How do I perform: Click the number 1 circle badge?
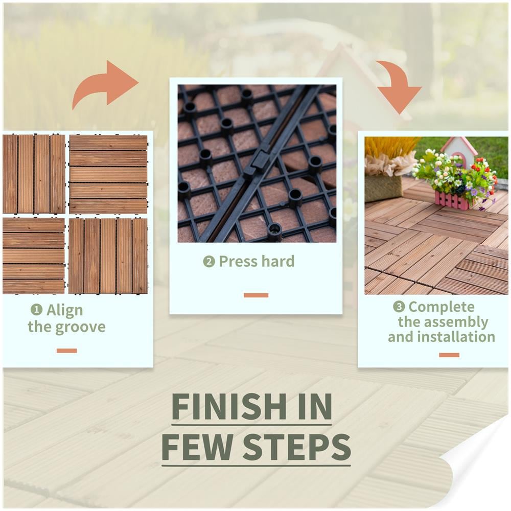tap(36, 309)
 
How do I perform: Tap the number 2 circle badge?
tap(209, 261)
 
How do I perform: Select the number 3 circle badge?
tap(399, 306)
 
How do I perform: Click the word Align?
tap(64, 310)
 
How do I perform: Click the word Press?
tap(238, 261)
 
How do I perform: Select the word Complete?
tap(442, 307)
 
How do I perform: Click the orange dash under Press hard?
tap(256, 295)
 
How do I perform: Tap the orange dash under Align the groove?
tap(67, 351)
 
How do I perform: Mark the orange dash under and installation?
tap(449, 355)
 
